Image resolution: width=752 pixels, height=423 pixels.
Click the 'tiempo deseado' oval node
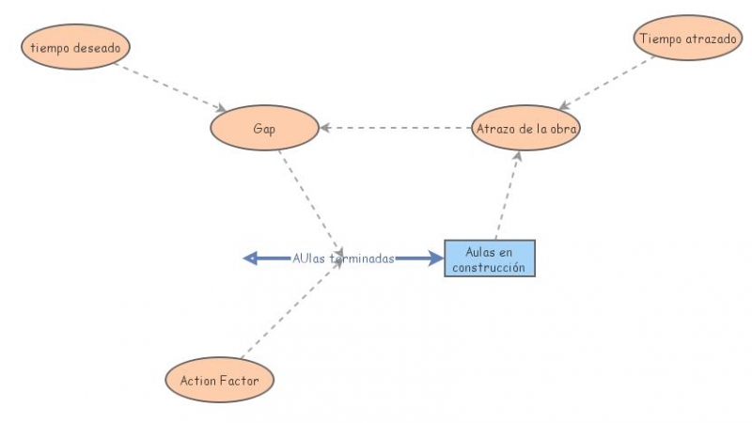pos(75,46)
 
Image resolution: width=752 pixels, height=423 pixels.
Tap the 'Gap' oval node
pos(263,128)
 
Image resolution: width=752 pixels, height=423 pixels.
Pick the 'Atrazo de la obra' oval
pos(526,128)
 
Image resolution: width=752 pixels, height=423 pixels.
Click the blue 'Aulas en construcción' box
pos(489,258)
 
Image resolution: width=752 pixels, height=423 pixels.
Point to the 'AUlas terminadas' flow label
pos(343,258)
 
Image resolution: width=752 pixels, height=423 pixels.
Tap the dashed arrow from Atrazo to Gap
pos(395,128)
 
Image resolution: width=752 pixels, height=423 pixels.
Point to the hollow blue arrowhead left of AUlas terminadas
pos(251,258)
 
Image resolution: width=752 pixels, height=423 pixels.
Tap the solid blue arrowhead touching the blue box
pos(436,258)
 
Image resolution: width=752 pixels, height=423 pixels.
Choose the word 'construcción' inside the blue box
pos(489,268)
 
